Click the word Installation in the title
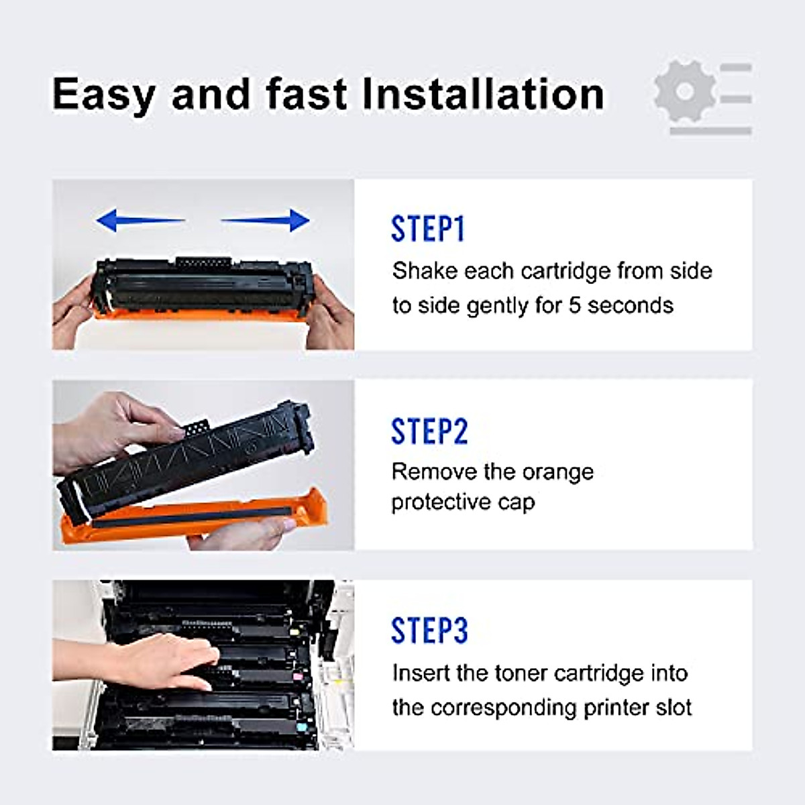[483, 94]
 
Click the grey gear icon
[684, 92]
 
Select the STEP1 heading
[428, 229]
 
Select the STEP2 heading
[429, 431]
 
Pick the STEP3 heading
[429, 631]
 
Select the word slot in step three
[672, 708]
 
